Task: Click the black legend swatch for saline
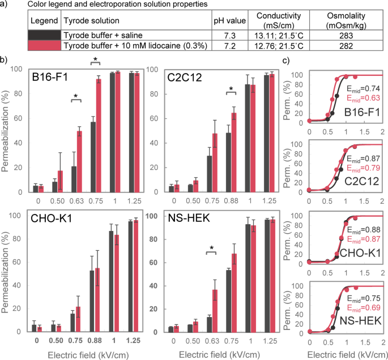point(45,35)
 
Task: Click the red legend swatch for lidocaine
point(45,46)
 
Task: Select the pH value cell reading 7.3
point(230,36)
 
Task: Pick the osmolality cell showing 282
point(346,46)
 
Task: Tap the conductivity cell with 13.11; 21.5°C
point(279,36)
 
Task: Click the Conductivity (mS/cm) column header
point(279,20)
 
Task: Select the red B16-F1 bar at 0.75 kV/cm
point(99,135)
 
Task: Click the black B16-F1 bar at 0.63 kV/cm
point(74,179)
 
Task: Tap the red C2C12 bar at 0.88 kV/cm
point(234,152)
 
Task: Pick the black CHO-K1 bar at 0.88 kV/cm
point(92,301)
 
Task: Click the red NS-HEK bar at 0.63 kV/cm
point(215,311)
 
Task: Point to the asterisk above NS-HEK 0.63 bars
point(211,248)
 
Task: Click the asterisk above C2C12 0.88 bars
point(231,89)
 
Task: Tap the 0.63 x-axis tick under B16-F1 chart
point(76,201)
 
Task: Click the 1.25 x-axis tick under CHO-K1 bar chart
point(133,340)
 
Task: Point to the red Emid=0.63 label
point(364,98)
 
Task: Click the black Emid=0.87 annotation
point(364,158)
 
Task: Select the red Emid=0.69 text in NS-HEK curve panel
point(364,307)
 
